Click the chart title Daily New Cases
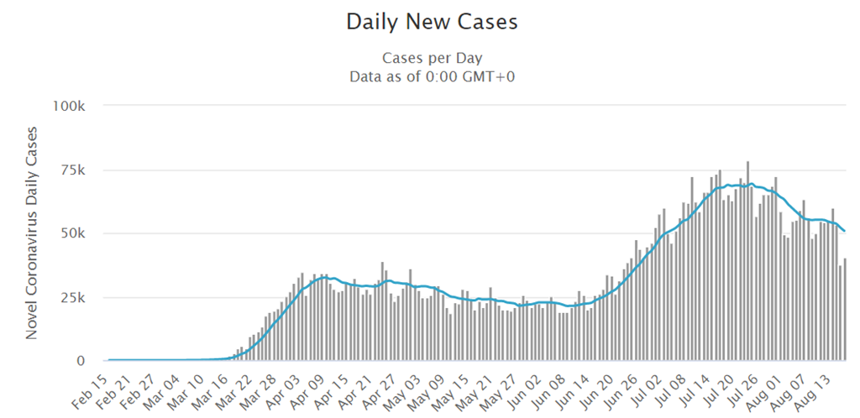[432, 23]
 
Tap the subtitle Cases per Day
[432, 58]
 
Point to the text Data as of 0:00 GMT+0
[432, 76]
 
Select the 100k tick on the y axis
[70, 106]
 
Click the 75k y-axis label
[73, 170]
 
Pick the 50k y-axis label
[73, 233]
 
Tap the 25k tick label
[73, 297]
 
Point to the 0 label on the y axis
[81, 361]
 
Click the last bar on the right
[844, 310]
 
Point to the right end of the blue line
[844, 231]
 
